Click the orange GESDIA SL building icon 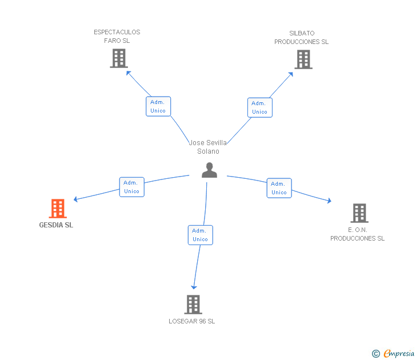[58, 209]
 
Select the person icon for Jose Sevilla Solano [210, 170]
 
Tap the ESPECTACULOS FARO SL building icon [118, 58]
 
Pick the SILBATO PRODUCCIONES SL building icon [303, 59]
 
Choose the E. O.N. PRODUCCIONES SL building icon [359, 213]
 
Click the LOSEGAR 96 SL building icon [193, 304]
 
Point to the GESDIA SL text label [56, 225]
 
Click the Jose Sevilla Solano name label [208, 147]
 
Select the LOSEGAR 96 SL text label [192, 321]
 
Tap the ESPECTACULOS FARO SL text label [117, 37]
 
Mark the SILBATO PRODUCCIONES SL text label [302, 38]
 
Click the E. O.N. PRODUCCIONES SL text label [358, 234]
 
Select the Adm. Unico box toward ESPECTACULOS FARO [158, 106]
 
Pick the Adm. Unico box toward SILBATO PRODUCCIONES [260, 107]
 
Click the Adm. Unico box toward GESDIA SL [132, 187]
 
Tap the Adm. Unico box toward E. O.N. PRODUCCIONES [279, 188]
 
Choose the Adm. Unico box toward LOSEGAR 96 [201, 235]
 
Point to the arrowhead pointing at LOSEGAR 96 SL [194, 286]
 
